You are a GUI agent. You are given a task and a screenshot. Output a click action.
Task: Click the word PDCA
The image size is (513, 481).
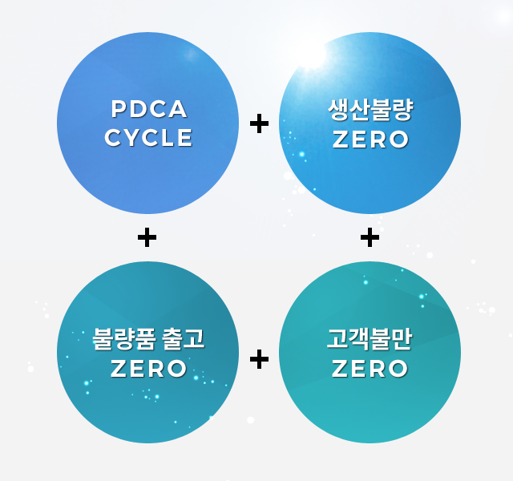pyautogui.click(x=149, y=109)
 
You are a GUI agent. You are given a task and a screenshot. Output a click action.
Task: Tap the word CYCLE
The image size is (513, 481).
pyautogui.click(x=148, y=137)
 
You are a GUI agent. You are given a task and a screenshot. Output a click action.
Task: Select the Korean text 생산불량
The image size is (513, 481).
pyautogui.click(x=370, y=110)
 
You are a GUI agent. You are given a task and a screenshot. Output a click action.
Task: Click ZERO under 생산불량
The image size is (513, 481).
pyautogui.click(x=370, y=139)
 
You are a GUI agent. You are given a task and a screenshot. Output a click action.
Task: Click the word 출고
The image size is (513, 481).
pyautogui.click(x=184, y=339)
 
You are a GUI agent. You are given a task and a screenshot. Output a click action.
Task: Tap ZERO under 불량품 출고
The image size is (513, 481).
pyautogui.click(x=148, y=369)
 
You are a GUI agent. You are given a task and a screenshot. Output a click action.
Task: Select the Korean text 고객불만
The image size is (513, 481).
pyautogui.click(x=370, y=339)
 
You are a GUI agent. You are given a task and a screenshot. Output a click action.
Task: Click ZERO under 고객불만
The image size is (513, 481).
pyautogui.click(x=370, y=369)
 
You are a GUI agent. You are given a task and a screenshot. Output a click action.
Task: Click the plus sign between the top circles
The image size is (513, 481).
pyautogui.click(x=259, y=123)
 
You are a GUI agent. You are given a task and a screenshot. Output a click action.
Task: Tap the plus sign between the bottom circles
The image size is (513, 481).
pyautogui.click(x=259, y=359)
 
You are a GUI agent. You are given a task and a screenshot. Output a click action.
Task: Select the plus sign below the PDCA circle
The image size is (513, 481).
pyautogui.click(x=147, y=237)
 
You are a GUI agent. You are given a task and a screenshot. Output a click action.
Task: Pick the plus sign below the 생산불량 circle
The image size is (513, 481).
pyautogui.click(x=370, y=237)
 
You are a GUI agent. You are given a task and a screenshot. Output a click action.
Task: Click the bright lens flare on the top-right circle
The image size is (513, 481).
pyautogui.click(x=313, y=55)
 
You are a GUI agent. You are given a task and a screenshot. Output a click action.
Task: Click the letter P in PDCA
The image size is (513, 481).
pyautogui.click(x=119, y=109)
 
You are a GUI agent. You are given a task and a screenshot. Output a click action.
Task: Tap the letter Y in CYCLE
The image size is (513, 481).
pyautogui.click(x=133, y=137)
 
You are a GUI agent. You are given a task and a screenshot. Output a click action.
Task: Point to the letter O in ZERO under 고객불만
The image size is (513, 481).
pyautogui.click(x=398, y=369)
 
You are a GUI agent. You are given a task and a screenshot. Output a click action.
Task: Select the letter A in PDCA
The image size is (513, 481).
pyautogui.click(x=178, y=109)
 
